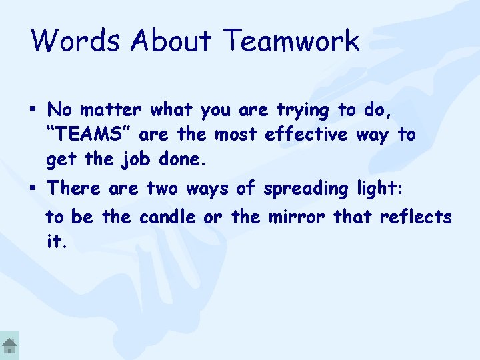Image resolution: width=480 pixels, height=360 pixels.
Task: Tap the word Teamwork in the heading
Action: click(x=292, y=41)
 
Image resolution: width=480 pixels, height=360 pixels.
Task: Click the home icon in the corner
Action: click(x=9, y=347)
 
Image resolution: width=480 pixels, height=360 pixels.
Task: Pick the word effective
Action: click(x=306, y=135)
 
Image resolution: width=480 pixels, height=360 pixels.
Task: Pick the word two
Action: click(x=162, y=189)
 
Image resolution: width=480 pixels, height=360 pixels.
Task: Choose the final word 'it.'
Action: click(x=56, y=243)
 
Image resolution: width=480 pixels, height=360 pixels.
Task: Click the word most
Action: click(x=235, y=135)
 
